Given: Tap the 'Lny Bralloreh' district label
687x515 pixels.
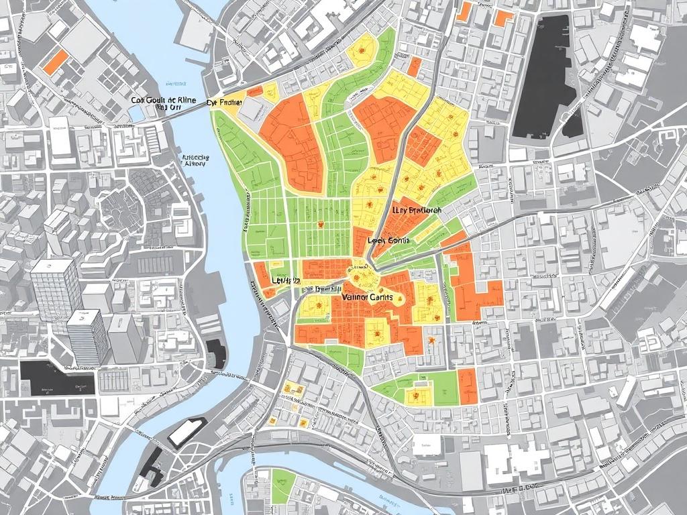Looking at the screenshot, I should [x=417, y=210].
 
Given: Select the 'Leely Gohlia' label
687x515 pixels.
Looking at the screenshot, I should [x=389, y=240].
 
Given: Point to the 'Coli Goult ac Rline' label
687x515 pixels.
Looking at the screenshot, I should [x=164, y=101].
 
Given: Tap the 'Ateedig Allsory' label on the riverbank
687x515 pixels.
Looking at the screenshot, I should [x=196, y=160].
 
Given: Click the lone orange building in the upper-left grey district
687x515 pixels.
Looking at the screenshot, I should [x=55, y=62].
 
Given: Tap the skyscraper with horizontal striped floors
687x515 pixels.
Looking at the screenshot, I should [x=87, y=337].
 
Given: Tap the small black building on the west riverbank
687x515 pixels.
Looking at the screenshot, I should [x=213, y=352].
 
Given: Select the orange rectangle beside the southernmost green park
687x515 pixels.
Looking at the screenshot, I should [x=467, y=386].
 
